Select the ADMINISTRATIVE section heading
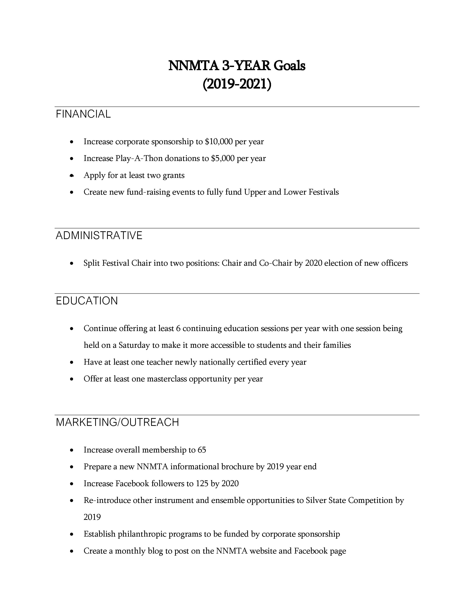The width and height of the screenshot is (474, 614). pos(99,236)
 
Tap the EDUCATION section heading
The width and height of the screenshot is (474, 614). pos(87,301)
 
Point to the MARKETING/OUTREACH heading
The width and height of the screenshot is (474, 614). pos(117,422)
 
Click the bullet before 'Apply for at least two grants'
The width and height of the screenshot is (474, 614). pos(72,176)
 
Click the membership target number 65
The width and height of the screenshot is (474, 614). pos(202,450)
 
